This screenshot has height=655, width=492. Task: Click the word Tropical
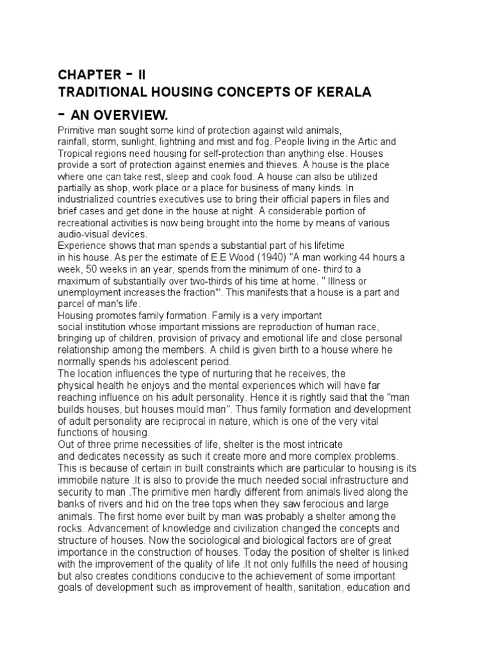pyautogui.click(x=79, y=153)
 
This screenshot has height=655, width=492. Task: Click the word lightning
pyautogui.click(x=199, y=141)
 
